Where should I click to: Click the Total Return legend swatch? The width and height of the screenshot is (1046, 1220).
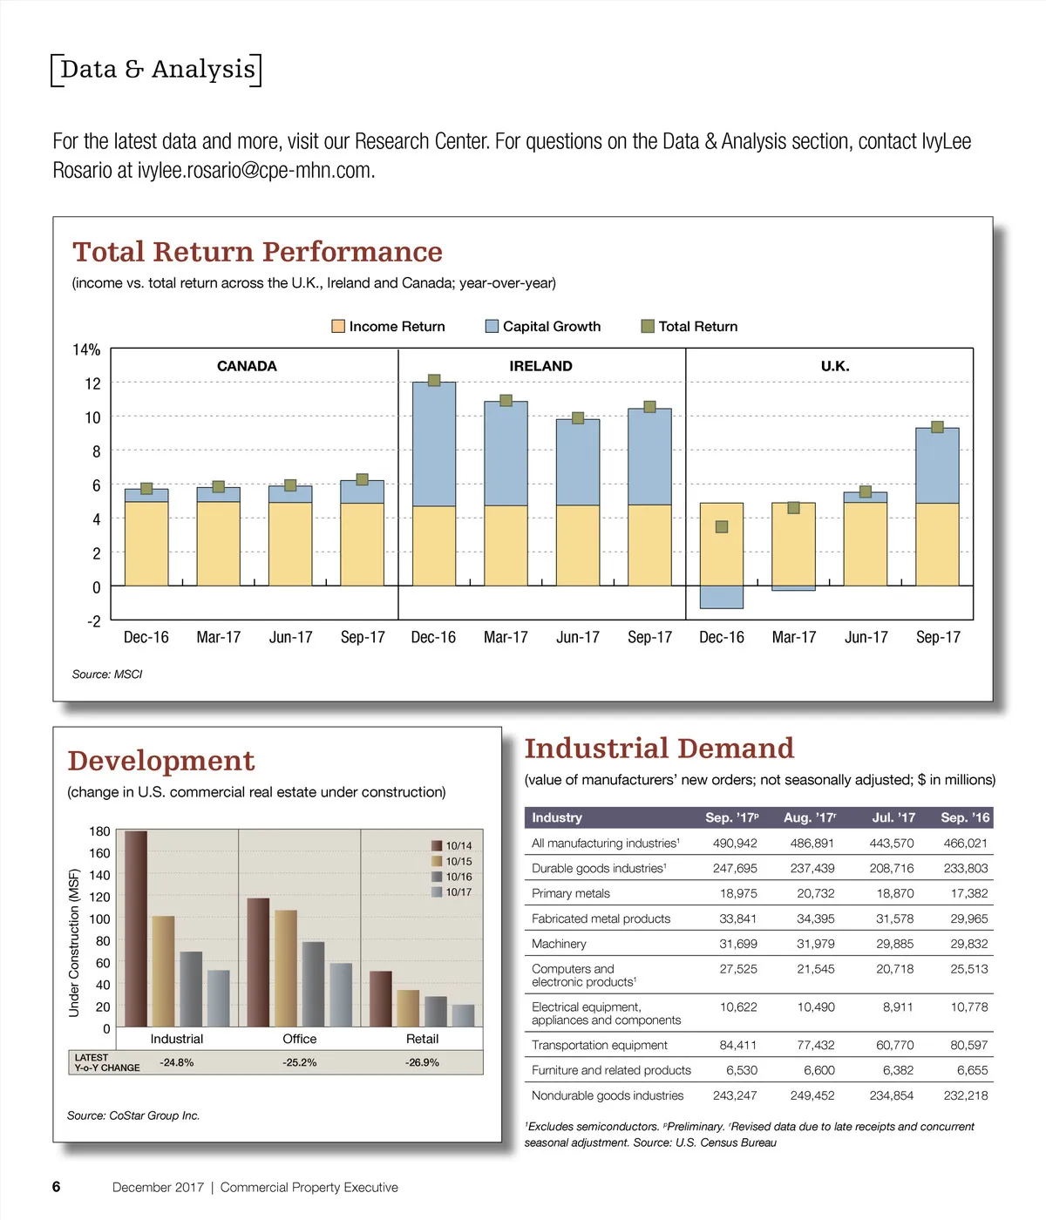point(648,326)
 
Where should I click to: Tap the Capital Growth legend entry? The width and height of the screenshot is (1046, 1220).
point(543,326)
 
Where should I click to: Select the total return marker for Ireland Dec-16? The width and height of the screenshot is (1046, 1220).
point(434,380)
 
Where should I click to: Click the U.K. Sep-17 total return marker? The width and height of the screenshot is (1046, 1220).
point(937,427)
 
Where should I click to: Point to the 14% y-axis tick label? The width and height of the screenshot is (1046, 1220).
point(86,350)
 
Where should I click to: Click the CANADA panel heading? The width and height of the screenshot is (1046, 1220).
point(247,366)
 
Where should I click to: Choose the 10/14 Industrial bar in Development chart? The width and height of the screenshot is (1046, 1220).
point(136,928)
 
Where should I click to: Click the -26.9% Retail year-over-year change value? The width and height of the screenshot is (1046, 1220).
point(422,1063)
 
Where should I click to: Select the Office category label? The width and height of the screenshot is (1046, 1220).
point(299,1039)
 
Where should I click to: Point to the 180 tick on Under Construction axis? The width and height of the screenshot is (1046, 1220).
point(99,831)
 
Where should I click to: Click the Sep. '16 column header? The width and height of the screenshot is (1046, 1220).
point(965,817)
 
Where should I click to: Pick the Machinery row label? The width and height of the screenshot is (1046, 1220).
point(559,944)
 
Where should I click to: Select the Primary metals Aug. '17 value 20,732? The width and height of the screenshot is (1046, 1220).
point(815,893)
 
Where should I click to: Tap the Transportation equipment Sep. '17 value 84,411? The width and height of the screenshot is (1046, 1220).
point(737,1045)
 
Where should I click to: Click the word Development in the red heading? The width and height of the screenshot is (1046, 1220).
point(161,761)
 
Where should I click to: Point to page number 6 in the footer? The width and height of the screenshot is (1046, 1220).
point(57,1187)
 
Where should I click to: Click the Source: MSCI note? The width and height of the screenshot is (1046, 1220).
point(107,674)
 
